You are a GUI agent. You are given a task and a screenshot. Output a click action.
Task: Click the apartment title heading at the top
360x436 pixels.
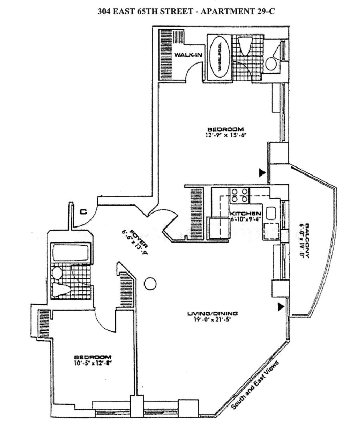point(186,11)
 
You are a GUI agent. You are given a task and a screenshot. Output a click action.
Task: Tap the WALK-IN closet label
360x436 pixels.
point(188,55)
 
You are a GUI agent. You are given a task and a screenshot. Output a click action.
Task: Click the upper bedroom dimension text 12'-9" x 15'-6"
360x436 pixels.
point(225,135)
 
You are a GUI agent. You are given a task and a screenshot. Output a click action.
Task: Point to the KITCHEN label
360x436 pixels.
point(246,213)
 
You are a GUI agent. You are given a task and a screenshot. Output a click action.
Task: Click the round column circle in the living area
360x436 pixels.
point(149,284)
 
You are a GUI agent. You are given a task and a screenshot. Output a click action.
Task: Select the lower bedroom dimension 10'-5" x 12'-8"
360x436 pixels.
point(92,363)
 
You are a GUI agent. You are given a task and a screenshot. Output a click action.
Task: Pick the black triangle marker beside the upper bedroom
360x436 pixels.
point(262,173)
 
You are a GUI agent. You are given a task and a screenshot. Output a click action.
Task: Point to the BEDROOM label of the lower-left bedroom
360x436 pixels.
point(92,357)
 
